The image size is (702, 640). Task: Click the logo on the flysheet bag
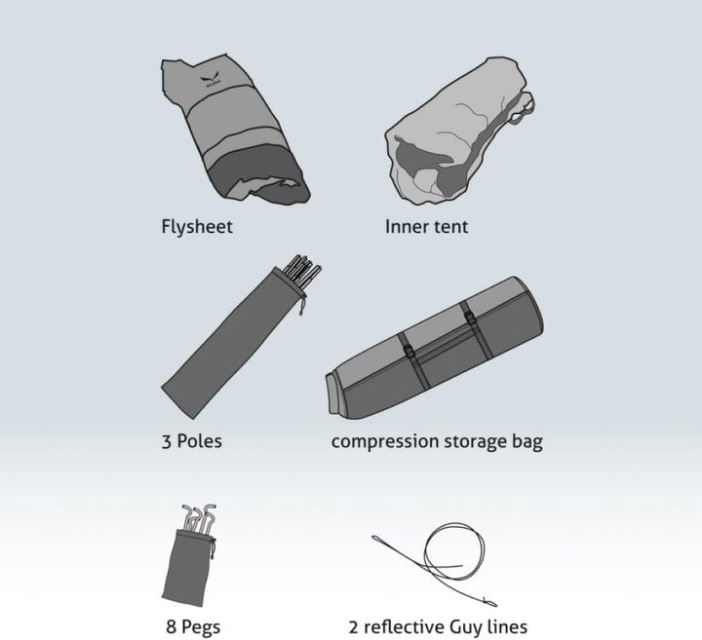click(x=211, y=81)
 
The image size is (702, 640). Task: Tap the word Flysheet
click(x=197, y=226)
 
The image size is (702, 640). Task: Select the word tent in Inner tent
click(x=449, y=227)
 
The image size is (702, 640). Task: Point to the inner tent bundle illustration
click(x=459, y=132)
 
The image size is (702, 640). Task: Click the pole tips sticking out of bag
click(x=302, y=269)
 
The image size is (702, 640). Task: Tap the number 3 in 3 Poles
click(x=167, y=442)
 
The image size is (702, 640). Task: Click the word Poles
click(x=199, y=441)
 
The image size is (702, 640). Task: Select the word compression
click(x=385, y=442)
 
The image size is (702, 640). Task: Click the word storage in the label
click(x=475, y=442)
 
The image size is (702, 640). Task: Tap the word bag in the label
click(x=526, y=442)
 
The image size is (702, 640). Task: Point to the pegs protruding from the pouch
click(x=199, y=518)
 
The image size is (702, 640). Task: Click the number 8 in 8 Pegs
click(x=171, y=626)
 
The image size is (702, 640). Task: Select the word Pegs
click(x=201, y=627)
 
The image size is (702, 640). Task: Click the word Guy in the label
click(x=465, y=627)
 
